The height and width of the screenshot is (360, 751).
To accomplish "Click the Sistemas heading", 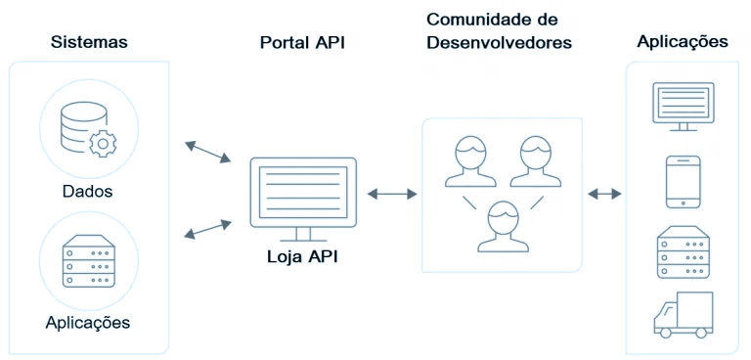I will click(x=89, y=42).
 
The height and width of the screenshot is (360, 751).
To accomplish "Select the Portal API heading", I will click(x=302, y=42).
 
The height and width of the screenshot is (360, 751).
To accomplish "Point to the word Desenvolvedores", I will click(x=499, y=43).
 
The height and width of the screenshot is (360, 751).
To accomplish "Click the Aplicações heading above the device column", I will click(x=682, y=42).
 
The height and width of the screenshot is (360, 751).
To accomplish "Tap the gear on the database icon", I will click(x=102, y=145).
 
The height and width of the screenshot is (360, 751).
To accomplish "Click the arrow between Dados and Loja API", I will click(x=206, y=151).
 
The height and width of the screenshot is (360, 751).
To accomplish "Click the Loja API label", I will click(x=302, y=257).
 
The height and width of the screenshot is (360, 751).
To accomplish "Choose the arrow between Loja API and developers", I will click(x=390, y=194).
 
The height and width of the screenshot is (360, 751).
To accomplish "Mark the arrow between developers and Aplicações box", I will click(x=605, y=194).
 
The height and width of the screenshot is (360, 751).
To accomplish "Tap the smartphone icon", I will click(x=683, y=181).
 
